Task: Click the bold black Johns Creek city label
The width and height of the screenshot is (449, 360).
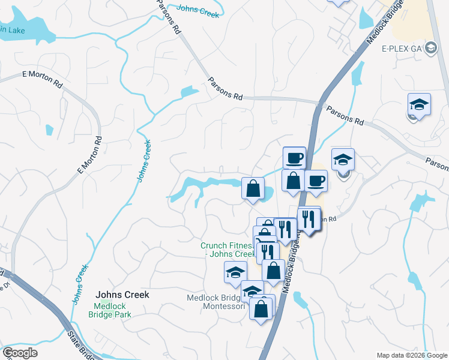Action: click(x=122, y=295)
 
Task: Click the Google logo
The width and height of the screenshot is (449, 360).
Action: click(x=20, y=353)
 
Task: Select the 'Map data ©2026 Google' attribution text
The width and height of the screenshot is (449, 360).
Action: click(x=412, y=355)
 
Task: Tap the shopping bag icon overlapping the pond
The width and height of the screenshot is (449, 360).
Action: click(x=253, y=188)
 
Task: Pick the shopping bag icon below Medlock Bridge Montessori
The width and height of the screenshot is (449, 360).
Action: click(x=261, y=309)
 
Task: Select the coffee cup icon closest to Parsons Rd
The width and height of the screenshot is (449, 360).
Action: click(x=294, y=158)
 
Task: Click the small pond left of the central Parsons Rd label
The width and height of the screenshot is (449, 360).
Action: click(x=188, y=92)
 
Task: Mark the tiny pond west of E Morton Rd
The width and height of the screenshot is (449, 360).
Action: click(x=49, y=129)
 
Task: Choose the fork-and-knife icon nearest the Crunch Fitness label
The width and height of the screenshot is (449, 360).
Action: click(x=268, y=251)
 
